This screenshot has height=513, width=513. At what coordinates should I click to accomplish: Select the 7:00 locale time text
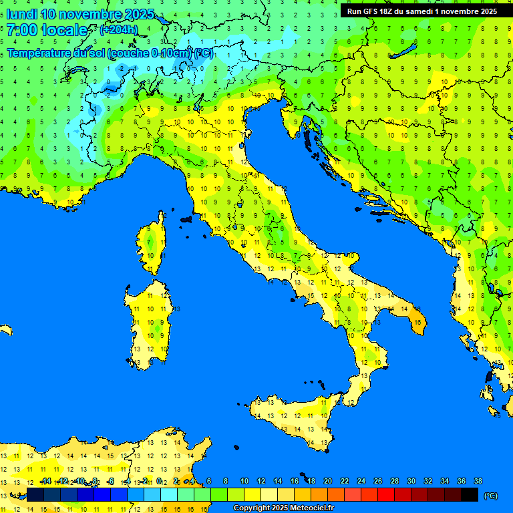pos(47,30)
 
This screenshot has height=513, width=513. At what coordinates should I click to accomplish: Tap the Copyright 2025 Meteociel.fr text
pos(283,508)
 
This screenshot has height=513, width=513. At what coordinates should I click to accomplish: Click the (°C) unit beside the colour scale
pos(491,496)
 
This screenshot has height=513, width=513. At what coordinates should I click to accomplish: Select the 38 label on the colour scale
pos(478,481)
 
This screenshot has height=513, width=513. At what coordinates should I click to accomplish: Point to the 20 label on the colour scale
pos(328,481)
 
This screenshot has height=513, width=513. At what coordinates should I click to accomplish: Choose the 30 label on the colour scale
pos(411,481)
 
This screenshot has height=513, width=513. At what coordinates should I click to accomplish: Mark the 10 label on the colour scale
pos(244,481)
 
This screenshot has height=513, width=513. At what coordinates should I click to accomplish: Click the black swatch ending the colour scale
pos(470,495)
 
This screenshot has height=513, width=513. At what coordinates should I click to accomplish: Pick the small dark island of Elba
pos(186,218)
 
